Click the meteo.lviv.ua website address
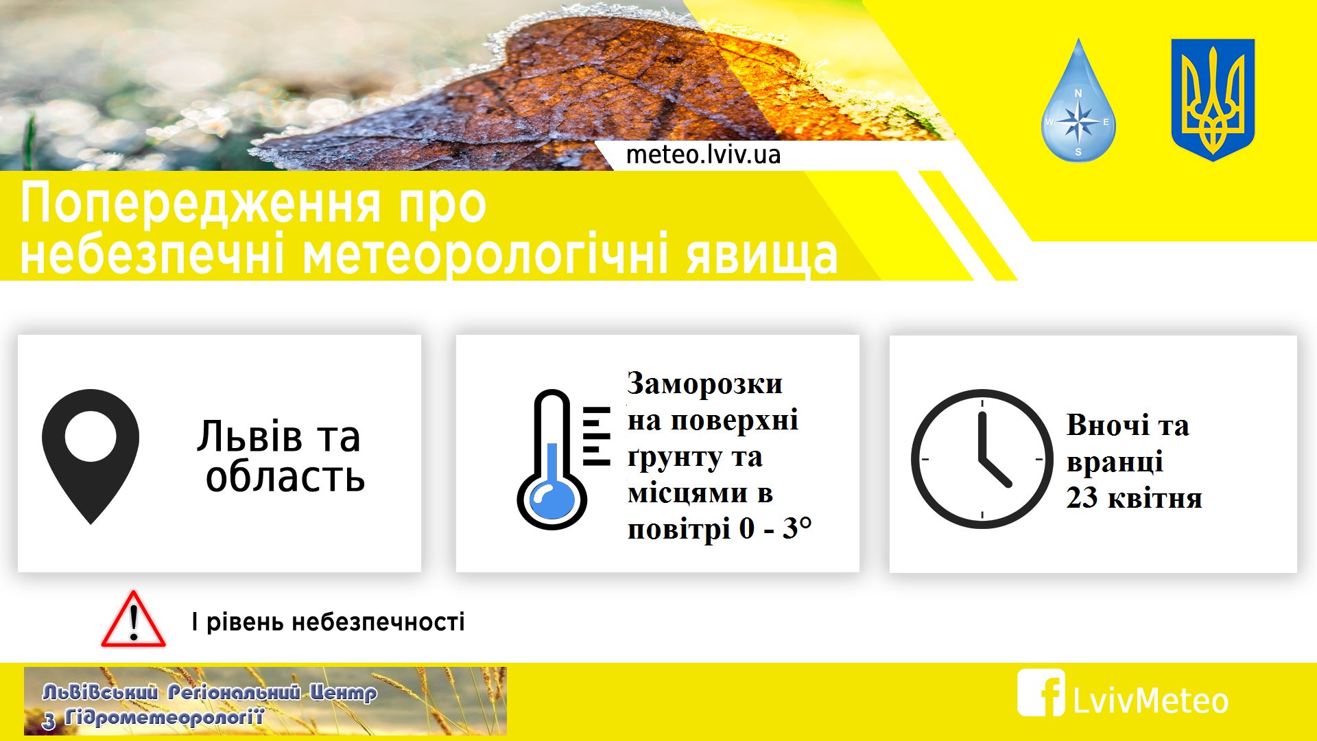coord(703,154)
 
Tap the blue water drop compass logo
coord(1078,103)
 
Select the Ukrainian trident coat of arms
coord(1213,99)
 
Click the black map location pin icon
coord(91,456)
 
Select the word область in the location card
coord(285,476)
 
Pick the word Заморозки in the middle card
coord(704,384)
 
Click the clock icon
coord(982,459)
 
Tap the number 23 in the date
coord(1082,497)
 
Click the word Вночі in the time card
coord(1107,425)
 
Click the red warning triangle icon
coord(134,619)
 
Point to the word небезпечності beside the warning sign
coord(378,622)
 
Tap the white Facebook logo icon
coord(1041,692)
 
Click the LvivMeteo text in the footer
coord(1150,701)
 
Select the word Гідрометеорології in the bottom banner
coord(164,718)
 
